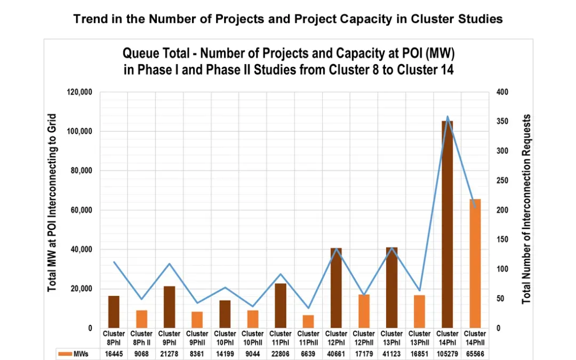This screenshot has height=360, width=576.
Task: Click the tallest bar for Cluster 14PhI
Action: click(x=447, y=224)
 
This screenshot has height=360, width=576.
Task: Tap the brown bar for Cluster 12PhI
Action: click(x=336, y=288)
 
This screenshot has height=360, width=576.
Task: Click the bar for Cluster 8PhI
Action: click(x=114, y=312)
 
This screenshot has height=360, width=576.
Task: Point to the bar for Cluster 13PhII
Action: click(x=419, y=311)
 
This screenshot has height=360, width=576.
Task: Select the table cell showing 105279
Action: click(x=447, y=354)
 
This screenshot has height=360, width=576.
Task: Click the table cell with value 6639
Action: click(x=308, y=354)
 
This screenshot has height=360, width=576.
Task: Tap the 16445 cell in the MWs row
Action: click(x=114, y=354)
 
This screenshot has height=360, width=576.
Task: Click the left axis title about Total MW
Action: click(x=52, y=203)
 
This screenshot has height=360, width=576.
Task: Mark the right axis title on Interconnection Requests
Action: click(x=527, y=209)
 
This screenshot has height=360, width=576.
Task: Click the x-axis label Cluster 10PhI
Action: click(x=225, y=338)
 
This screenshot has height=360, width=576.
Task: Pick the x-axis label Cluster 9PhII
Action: click(x=197, y=338)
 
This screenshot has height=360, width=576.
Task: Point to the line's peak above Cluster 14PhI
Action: click(x=447, y=116)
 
